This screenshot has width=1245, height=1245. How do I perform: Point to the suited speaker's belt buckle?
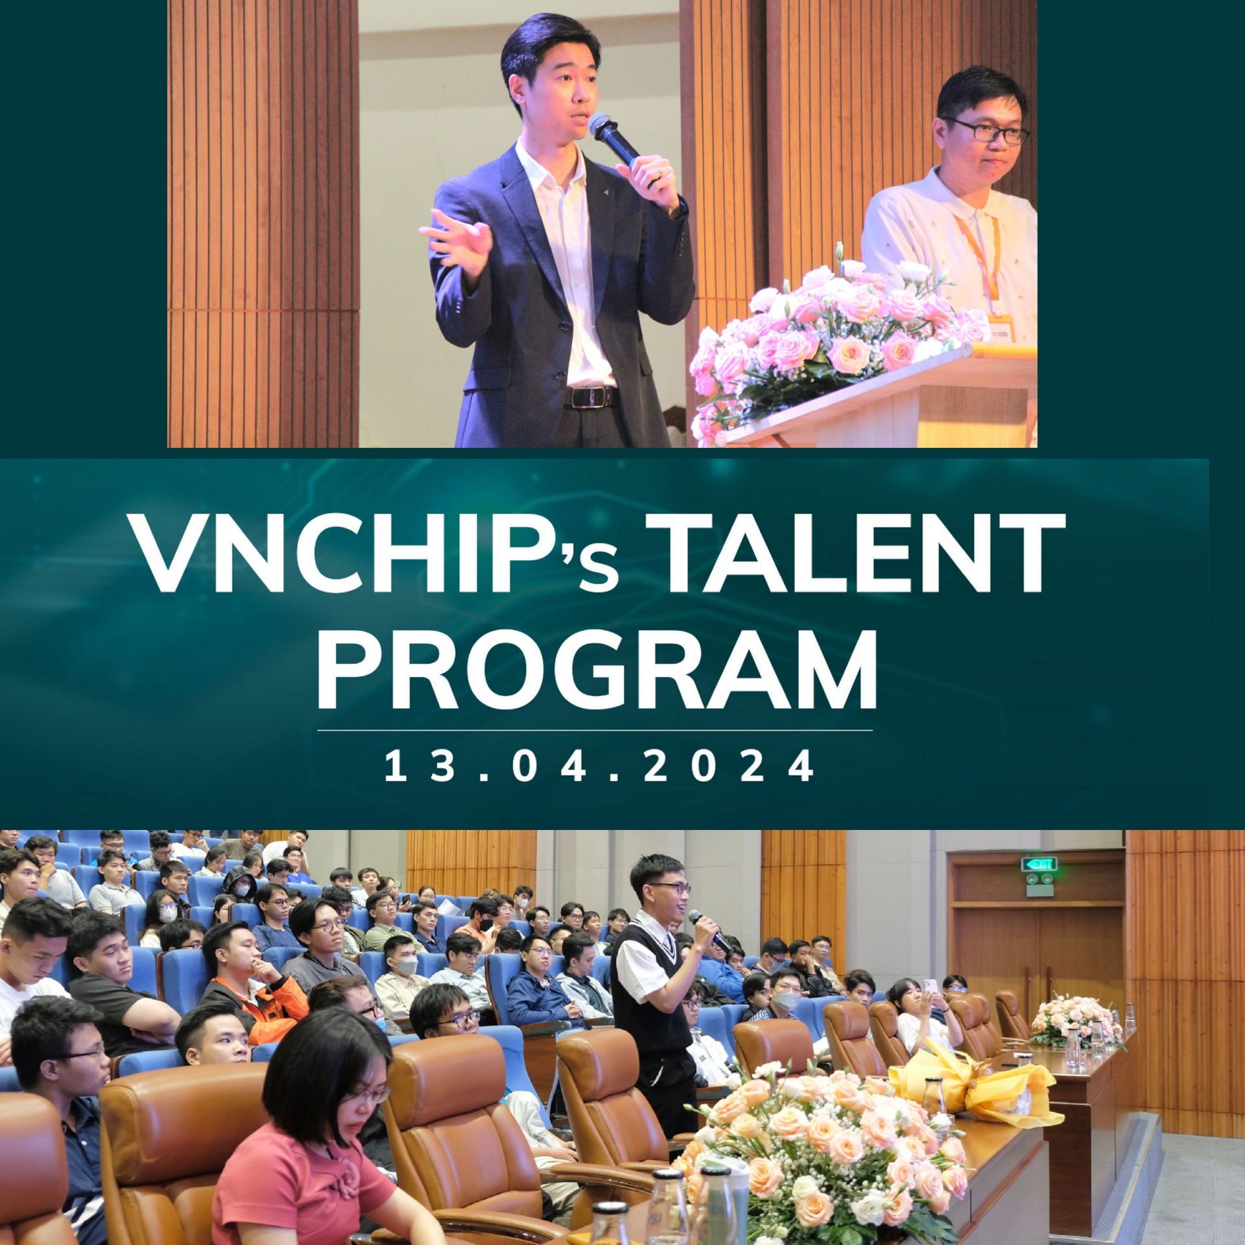click(589, 397)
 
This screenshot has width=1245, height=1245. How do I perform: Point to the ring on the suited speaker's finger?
click(659, 172)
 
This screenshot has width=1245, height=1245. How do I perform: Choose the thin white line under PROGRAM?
click(595, 730)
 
